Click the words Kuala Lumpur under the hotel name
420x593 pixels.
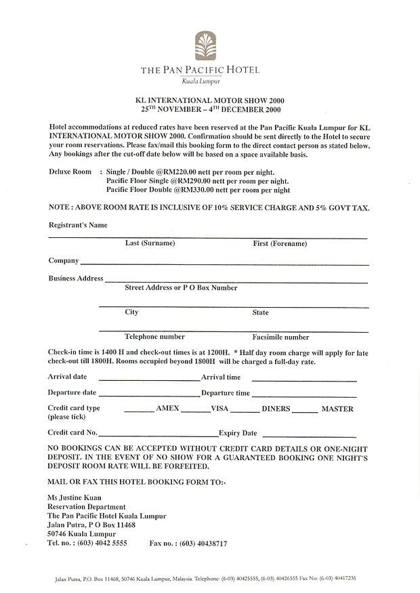200,81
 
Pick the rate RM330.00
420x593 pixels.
193,191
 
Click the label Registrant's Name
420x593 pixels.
78,225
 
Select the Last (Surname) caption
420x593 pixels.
150,243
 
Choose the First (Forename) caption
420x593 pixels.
279,243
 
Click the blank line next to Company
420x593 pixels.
224,262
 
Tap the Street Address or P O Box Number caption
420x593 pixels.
181,288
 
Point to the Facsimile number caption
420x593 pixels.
280,337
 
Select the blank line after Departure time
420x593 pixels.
304,395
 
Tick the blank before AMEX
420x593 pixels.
139,411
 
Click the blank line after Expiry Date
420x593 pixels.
309,436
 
